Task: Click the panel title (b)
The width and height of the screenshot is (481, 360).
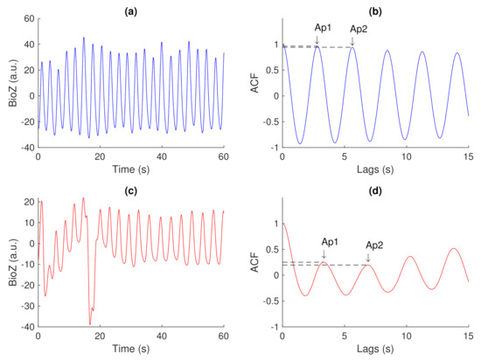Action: pos(375,9)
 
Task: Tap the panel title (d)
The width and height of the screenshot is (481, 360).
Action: pos(375,189)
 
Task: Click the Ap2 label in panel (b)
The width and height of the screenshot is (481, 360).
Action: pos(359,30)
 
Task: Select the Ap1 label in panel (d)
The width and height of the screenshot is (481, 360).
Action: pos(331,241)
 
